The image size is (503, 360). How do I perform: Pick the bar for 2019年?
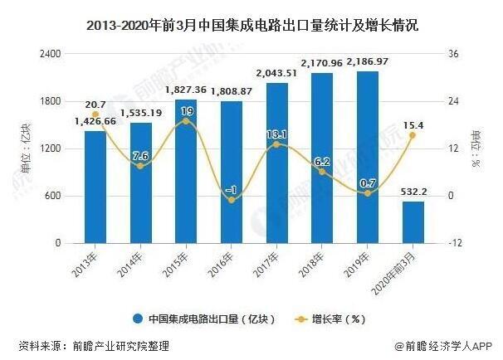point(368,158)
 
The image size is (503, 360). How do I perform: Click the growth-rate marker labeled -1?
point(232,200)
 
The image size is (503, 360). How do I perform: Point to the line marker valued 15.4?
point(413,135)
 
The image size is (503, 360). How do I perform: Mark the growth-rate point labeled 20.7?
point(95,114)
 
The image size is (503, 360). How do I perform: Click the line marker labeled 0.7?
point(368,193)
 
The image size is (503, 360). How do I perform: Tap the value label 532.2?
point(413,192)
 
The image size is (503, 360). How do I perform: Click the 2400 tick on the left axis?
point(51,53)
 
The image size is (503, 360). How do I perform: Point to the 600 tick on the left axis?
point(55,197)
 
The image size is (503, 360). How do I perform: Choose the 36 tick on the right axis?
point(452,53)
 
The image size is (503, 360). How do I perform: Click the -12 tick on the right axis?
point(454,244)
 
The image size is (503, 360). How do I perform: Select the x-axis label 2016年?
point(225,265)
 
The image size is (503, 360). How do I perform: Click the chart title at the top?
point(251,26)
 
